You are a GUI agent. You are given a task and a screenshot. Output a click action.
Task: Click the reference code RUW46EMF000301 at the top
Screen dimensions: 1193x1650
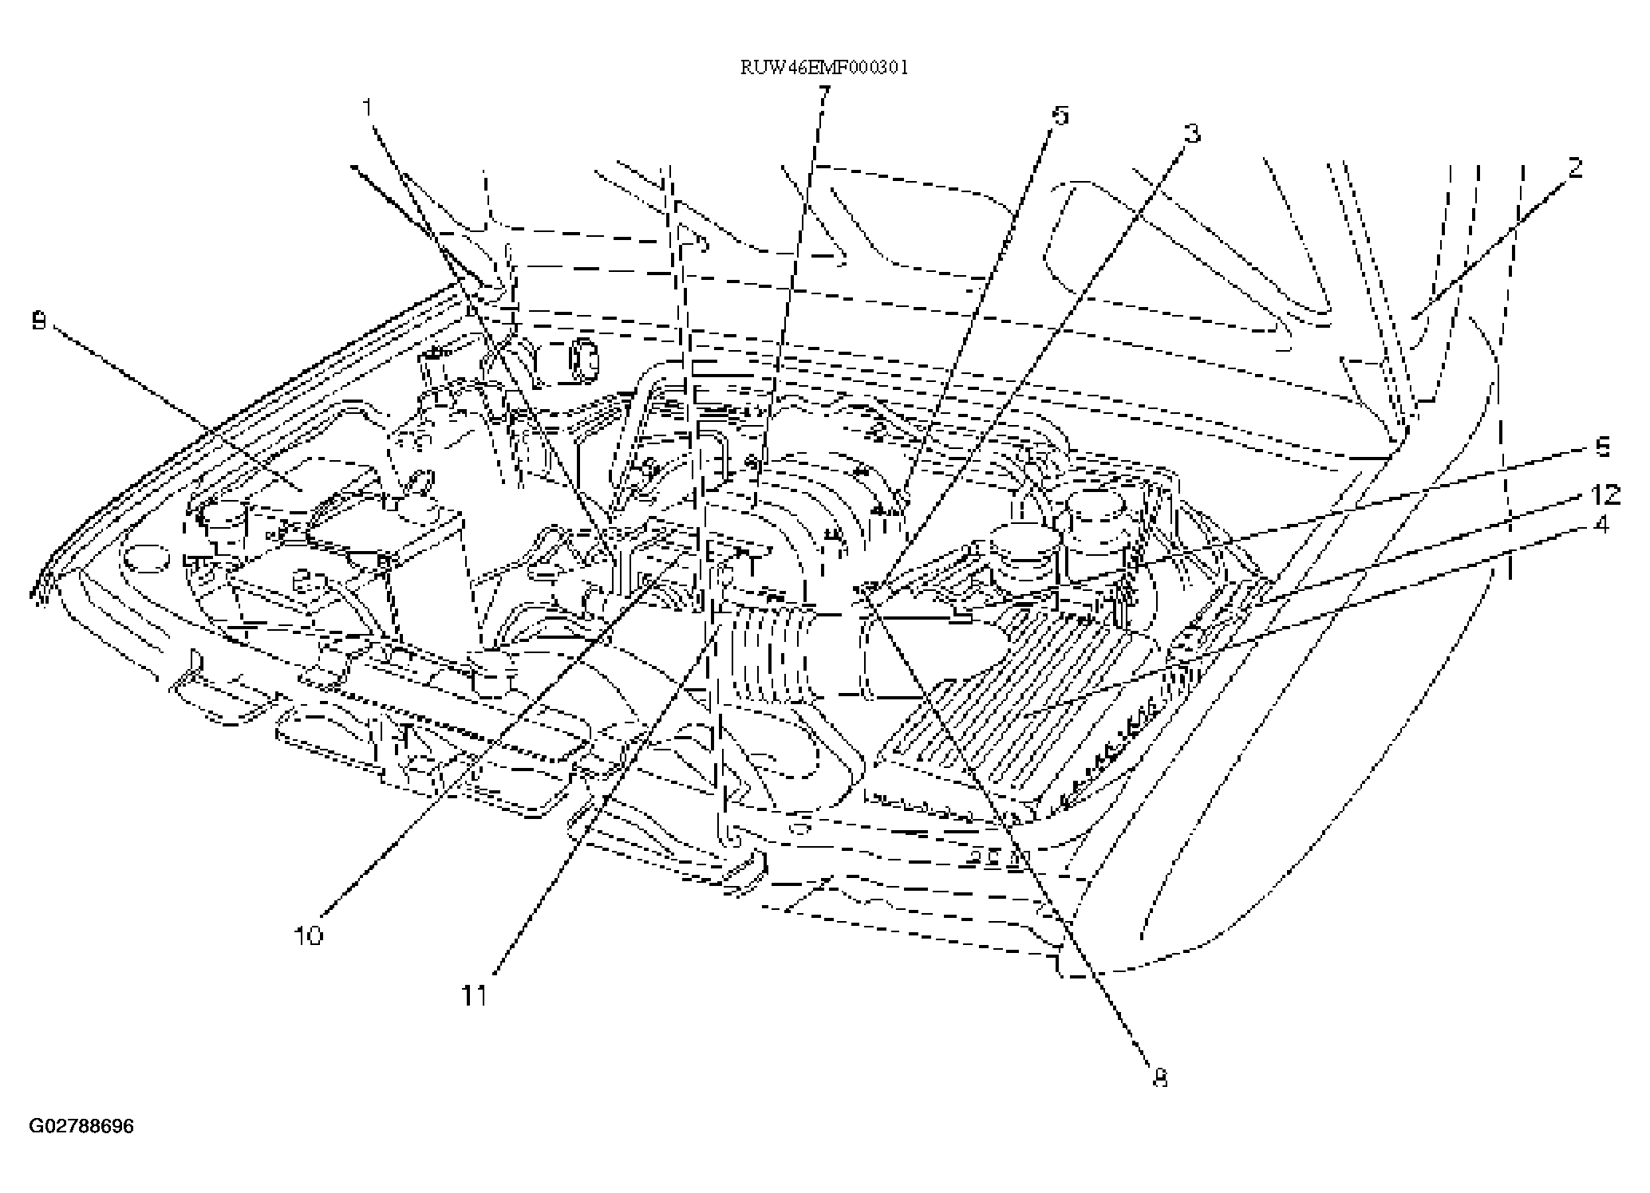coord(824,67)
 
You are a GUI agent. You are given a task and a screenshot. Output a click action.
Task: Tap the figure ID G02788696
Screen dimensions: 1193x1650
coord(81,1127)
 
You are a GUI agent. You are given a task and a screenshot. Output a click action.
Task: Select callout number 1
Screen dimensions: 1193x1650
coord(368,106)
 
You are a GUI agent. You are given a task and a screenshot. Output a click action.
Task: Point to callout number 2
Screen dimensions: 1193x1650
coord(1574,168)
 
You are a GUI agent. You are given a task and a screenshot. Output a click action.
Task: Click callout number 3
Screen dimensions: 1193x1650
coord(1191,134)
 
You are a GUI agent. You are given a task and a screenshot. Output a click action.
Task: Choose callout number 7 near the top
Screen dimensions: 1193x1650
coord(823,95)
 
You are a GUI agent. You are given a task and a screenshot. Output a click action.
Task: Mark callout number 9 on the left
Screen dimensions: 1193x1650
coord(38,321)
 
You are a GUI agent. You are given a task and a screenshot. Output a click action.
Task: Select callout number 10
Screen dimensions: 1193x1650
coord(309,935)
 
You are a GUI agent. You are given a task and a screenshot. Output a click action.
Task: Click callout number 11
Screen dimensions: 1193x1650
coord(476,996)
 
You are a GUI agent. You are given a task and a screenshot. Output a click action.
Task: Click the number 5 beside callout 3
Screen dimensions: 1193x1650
coord(1060,116)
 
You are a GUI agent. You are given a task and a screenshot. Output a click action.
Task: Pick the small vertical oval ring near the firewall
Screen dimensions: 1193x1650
coord(582,360)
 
